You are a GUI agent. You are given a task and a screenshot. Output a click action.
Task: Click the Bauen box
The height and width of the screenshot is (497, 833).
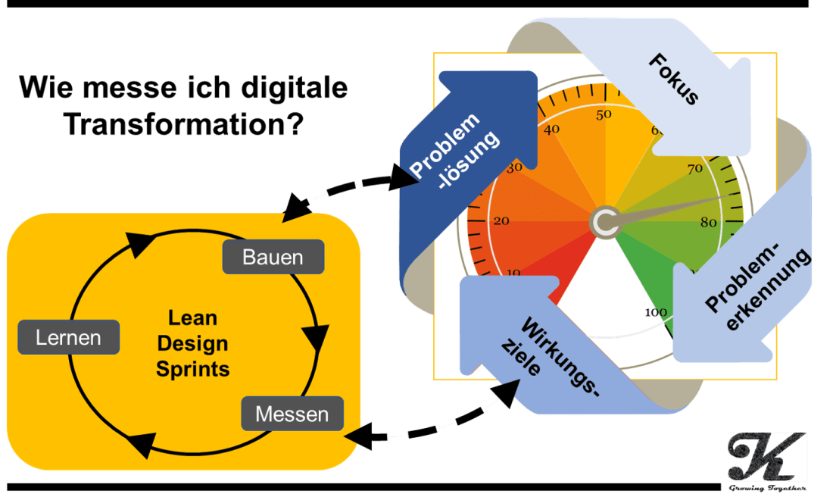point(273,257)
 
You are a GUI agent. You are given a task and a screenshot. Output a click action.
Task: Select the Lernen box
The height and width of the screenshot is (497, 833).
point(68,337)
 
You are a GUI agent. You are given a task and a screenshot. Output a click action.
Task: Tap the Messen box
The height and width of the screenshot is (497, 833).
point(292,414)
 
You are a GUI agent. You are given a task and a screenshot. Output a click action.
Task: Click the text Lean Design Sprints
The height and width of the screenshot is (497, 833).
point(192,344)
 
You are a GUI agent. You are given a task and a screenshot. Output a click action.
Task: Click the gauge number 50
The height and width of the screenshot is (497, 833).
point(604,115)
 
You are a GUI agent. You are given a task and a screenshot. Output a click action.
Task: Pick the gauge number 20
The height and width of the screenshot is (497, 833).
point(501,221)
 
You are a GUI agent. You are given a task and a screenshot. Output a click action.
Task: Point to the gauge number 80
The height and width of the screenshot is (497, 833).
point(709,223)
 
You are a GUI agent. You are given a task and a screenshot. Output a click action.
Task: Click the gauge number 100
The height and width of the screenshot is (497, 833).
point(652,312)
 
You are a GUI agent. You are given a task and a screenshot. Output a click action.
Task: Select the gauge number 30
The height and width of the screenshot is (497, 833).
point(514,167)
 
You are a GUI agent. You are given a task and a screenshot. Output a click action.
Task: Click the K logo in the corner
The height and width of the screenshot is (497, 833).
point(766,456)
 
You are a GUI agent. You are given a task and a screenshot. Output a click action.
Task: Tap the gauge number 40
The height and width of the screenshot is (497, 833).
point(552,130)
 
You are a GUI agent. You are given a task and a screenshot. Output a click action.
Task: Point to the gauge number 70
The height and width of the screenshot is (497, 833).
point(694,169)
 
